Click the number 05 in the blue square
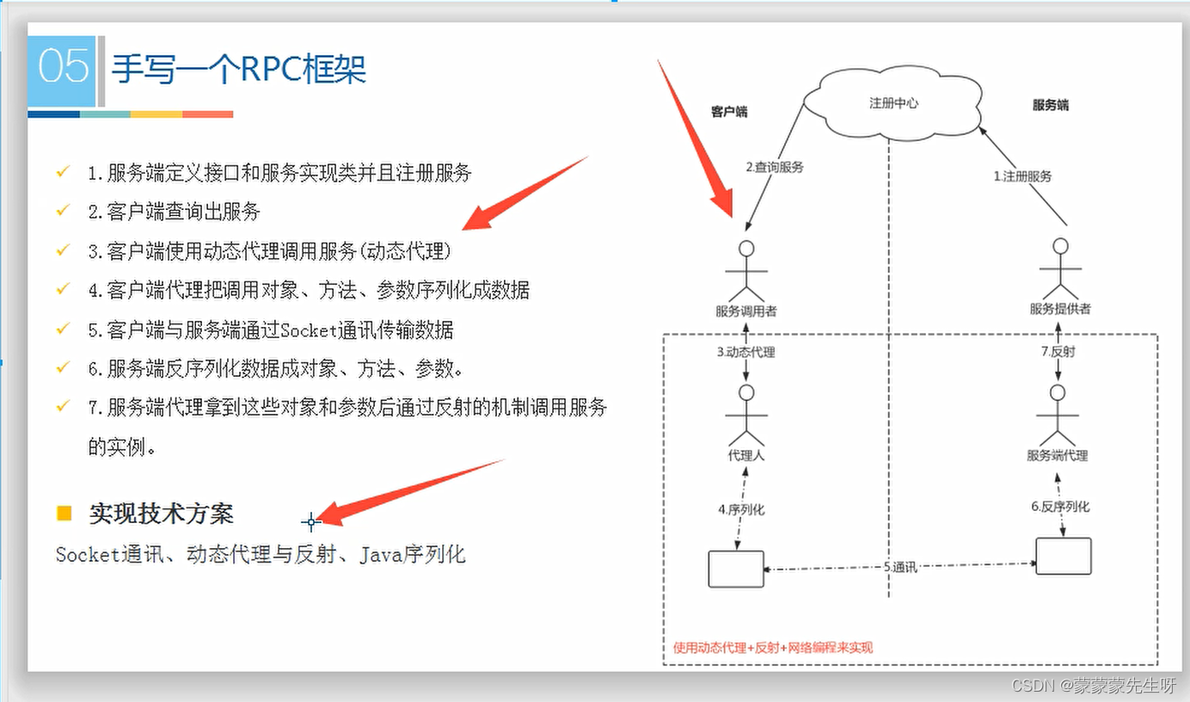coord(64,67)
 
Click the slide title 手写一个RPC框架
coord(240,68)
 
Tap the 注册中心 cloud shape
coord(893,103)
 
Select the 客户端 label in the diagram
coord(729,112)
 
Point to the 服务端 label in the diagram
coord(1050,106)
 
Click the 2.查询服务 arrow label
coord(774,167)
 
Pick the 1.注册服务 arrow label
coord(1022,175)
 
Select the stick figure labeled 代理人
coord(746,416)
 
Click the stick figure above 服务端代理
coord(1057,416)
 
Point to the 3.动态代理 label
coord(746,352)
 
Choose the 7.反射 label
coord(1057,352)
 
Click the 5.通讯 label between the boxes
coord(900,567)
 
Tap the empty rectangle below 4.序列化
coord(736,568)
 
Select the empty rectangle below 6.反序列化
coord(1063,557)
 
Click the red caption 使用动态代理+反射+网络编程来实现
coord(772,647)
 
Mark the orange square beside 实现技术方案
coord(64,514)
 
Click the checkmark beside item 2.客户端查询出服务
coord(63,210)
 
